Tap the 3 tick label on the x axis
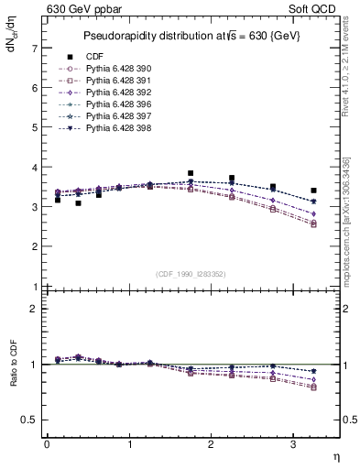(293, 444)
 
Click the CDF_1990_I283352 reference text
(191, 274)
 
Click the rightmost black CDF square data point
(313, 191)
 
